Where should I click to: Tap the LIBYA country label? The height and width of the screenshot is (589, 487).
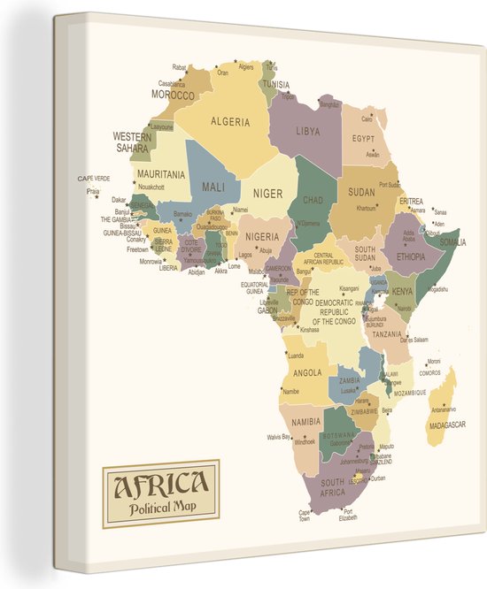[x=308, y=131]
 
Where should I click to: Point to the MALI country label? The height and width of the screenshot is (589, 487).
[x=213, y=187]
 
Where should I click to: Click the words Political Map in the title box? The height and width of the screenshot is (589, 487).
[x=160, y=508]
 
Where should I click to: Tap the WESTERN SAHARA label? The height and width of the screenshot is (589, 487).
[x=131, y=142]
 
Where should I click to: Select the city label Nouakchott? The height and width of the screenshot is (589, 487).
[x=152, y=187]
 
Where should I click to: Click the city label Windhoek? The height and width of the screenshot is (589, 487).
[x=305, y=441]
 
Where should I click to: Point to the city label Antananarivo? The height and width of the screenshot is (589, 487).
[x=444, y=409]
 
